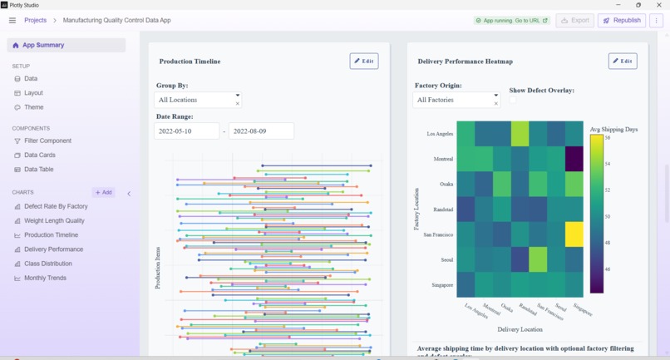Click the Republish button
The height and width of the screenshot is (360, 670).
pos(621,20)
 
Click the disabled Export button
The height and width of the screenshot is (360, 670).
pos(575,20)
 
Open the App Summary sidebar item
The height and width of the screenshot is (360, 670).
pos(43,45)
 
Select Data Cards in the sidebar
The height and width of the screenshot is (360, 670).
pos(39,155)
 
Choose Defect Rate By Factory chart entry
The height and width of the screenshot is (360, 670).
pos(56,206)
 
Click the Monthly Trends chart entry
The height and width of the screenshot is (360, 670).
pos(45,278)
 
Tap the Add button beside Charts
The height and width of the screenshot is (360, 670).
pos(104,192)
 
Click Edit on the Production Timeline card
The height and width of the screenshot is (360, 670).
pos(364,61)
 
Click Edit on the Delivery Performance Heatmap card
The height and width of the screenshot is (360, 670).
pos(623,61)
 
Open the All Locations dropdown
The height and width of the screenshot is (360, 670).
pos(198,100)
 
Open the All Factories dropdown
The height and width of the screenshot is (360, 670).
pos(456,100)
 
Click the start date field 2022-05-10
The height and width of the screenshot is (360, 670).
pos(186,131)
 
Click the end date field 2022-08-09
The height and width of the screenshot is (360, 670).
pos(261,131)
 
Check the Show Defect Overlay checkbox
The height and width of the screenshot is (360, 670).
pos(513,100)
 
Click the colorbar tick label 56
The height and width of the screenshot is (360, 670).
pos(608,138)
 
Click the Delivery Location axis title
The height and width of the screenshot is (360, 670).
pos(520,329)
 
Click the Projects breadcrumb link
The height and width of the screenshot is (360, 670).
pos(35,20)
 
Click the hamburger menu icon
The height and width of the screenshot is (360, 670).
pos(12,20)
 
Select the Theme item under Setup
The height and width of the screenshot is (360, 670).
pos(33,107)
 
